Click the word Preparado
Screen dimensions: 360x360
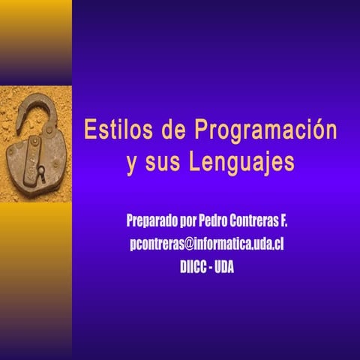pos(152,222)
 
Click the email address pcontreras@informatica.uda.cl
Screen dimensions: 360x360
pos(207,244)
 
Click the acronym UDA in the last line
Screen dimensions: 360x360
pos(224,266)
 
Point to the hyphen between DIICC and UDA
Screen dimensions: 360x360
pos(211,266)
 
